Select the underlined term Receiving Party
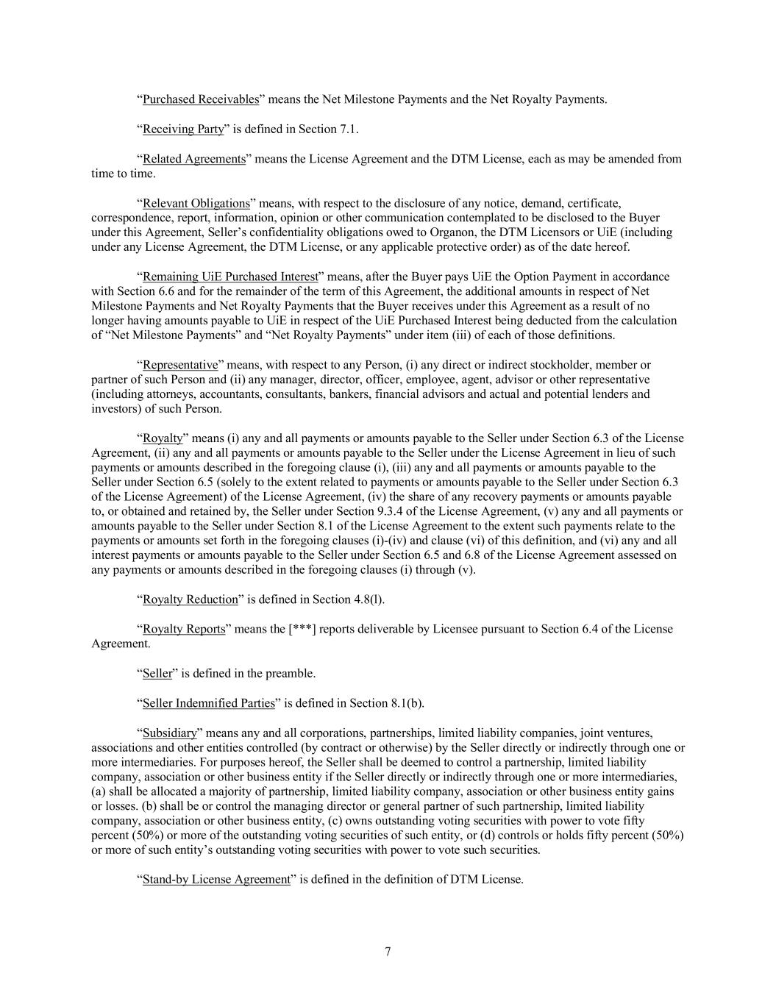[182, 129]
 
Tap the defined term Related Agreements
[193, 158]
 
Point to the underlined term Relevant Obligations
[196, 202]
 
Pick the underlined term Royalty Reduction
[190, 599]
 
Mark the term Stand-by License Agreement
[216, 880]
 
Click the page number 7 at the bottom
[388, 952]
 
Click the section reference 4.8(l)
[368, 599]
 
